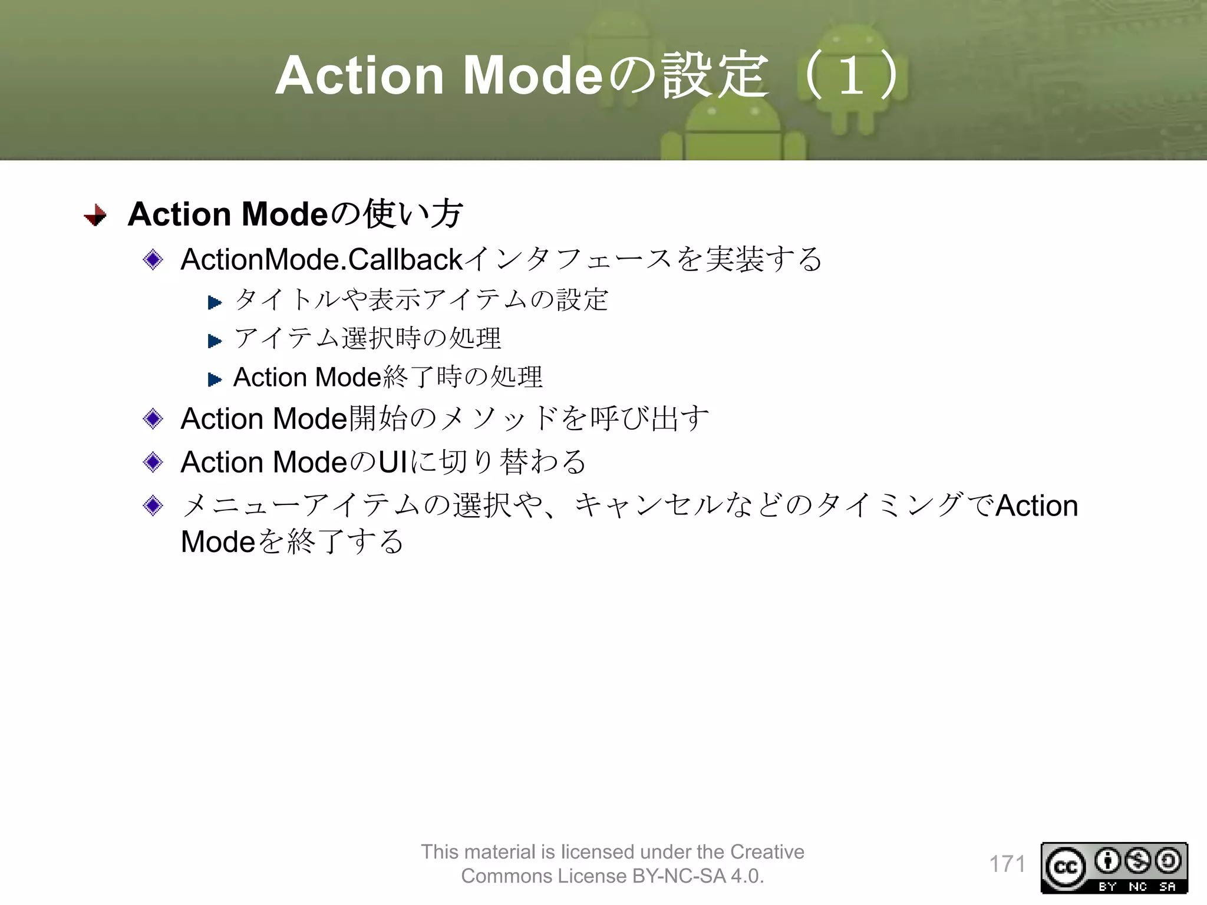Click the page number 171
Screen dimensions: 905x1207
(1007, 864)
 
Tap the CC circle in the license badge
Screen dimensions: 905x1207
(1066, 867)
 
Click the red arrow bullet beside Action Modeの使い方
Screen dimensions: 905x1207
(95, 215)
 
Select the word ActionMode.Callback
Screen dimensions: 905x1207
(322, 260)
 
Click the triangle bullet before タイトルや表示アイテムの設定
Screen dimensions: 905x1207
(215, 303)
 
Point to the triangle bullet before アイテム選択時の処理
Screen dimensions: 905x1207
(215, 341)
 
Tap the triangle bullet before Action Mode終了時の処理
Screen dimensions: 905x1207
(215, 379)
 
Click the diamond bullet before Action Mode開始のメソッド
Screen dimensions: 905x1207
(153, 419)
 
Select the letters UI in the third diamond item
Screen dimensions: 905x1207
(393, 463)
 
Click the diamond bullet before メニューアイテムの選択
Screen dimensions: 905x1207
(153, 506)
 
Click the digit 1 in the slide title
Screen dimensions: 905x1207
(851, 76)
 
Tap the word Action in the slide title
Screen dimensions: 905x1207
(360, 76)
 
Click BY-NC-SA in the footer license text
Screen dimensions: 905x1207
(678, 876)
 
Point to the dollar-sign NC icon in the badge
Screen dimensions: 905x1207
(1137, 861)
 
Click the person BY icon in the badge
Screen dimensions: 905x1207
(1107, 861)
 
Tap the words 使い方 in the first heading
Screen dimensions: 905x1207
(413, 214)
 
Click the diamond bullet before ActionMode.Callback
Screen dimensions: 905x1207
(153, 259)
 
